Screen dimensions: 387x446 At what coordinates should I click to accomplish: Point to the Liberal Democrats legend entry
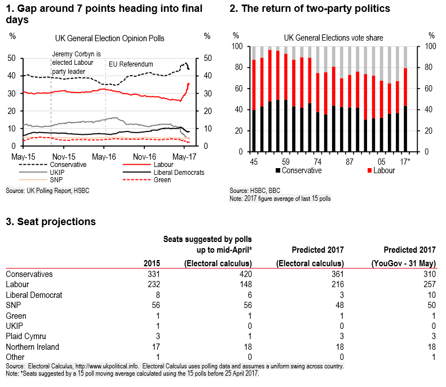[174, 172]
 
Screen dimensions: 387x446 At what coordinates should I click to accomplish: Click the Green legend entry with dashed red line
[164, 180]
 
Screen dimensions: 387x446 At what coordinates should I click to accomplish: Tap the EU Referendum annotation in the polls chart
[130, 64]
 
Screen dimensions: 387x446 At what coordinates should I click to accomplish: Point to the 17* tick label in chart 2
[404, 162]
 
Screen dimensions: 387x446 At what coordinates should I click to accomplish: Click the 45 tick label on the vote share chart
[254, 162]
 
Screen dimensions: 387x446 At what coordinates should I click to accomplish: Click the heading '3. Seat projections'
[50, 222]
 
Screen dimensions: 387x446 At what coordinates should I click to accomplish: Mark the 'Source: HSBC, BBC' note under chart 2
[255, 191]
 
